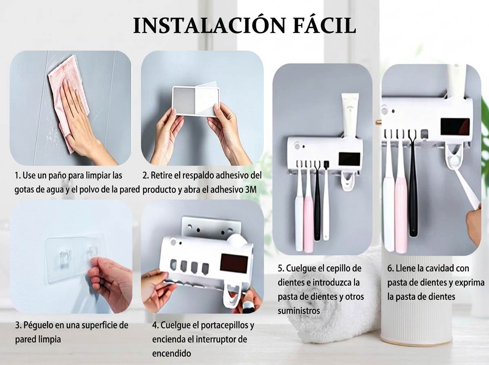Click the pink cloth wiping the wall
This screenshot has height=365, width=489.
(x=69, y=98)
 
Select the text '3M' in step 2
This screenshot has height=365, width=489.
(x=251, y=189)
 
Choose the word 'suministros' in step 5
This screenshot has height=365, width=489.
(x=299, y=311)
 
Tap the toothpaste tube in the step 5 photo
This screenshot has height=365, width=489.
(x=350, y=116)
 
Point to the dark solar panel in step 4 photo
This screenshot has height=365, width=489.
(x=234, y=264)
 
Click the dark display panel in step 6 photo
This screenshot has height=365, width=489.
(x=455, y=127)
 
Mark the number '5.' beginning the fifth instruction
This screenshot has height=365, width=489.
(x=281, y=268)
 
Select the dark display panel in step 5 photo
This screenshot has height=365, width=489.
(x=349, y=159)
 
